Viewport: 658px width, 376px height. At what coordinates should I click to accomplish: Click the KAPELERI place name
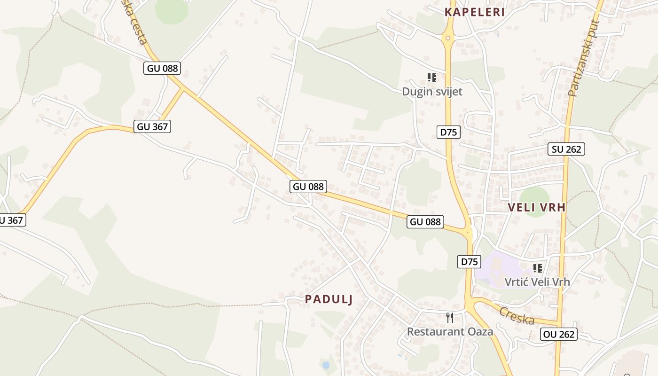[x=475, y=12]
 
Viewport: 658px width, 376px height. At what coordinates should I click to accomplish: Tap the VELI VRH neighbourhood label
[x=537, y=207]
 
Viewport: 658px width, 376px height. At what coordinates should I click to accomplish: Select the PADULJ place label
[x=329, y=299]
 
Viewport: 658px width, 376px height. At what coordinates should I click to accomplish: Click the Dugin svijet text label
[x=432, y=92]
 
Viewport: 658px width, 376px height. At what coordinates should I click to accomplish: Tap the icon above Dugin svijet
[x=432, y=77]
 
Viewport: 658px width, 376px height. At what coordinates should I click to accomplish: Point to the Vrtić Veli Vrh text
[x=537, y=282]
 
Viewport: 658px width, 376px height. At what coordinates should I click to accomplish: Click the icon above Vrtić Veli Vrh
[x=538, y=268]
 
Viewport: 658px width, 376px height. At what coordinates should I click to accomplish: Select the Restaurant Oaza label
[x=450, y=331]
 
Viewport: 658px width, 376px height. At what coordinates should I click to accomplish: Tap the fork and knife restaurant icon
[x=450, y=318]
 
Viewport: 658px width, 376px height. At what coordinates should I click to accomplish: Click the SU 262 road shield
[x=566, y=149]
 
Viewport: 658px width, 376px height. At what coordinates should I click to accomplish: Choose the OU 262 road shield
[x=559, y=334]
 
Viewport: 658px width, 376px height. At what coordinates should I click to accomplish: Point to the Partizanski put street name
[x=583, y=59]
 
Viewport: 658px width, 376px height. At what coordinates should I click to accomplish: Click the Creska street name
[x=517, y=315]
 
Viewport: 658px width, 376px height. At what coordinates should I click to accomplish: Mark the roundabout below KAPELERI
[x=448, y=38]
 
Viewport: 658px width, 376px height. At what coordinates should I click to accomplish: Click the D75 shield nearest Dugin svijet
[x=448, y=132]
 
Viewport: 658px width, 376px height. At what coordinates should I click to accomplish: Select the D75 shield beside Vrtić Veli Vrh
[x=469, y=262]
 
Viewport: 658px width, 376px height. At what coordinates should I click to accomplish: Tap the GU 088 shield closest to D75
[x=425, y=221]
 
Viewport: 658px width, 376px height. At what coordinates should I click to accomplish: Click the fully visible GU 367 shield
[x=152, y=126]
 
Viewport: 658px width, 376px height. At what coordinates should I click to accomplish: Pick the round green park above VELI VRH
[x=534, y=195]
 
